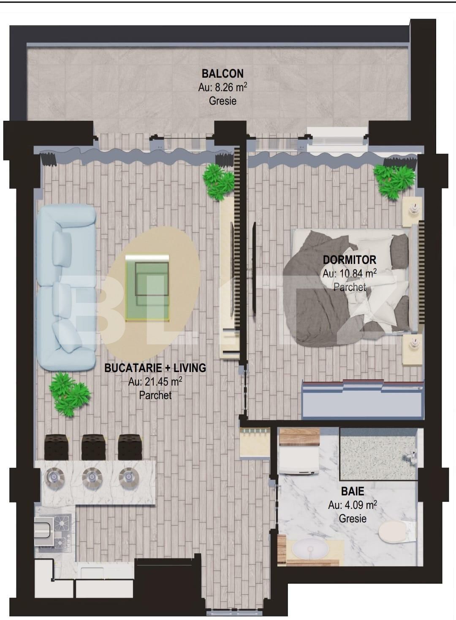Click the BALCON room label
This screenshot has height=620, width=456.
(x=223, y=73)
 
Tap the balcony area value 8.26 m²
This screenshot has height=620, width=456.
(x=223, y=87)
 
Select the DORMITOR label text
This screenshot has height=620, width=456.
(x=349, y=259)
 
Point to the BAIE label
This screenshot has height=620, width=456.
(x=353, y=491)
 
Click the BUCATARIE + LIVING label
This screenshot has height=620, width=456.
(x=155, y=368)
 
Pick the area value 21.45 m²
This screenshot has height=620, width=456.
(x=155, y=382)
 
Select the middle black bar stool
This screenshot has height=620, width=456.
(x=93, y=447)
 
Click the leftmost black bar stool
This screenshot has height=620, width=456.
(x=56, y=447)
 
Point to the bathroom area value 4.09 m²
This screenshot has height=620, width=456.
(x=353, y=505)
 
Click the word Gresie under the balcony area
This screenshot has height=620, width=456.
(x=223, y=101)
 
